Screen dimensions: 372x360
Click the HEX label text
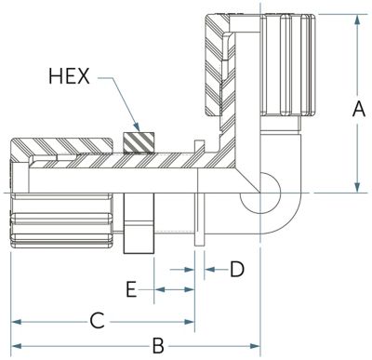pos(70,76)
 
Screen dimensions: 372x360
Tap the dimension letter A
pos(358,109)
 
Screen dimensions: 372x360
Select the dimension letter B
pos(158,346)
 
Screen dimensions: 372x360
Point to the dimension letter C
pos(98,321)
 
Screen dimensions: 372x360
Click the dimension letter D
pos(237,269)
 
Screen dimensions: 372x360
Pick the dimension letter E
pos(131,289)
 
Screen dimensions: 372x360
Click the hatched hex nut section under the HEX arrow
pos(139,143)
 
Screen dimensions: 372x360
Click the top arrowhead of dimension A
pos(358,20)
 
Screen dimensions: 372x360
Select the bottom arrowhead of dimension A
pos(358,187)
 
